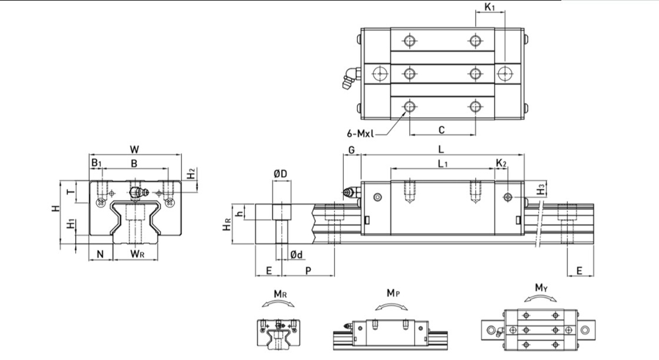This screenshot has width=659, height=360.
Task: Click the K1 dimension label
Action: pos(489,7)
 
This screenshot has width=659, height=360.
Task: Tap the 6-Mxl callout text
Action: pos(360,134)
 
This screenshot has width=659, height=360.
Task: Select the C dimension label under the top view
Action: pos(442,130)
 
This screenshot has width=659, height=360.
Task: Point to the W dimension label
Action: pos(135,150)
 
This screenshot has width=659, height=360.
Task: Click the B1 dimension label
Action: pos(96,162)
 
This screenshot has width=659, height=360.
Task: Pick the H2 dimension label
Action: pos(191,173)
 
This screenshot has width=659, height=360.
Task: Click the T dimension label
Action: pos(71,192)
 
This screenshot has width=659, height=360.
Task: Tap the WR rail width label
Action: pos(137,254)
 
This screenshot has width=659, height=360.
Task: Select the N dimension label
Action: pos(100,254)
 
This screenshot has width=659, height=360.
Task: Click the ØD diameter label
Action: pos(280,174)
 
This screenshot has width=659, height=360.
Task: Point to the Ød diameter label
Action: pos(296,255)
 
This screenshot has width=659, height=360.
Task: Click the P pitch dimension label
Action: pos(308,271)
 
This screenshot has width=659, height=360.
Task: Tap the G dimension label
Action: pos(351,150)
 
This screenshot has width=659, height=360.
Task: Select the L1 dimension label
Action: pos(443,164)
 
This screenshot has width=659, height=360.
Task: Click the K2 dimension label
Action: pos(501,163)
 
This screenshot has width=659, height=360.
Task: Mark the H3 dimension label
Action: pos(541,189)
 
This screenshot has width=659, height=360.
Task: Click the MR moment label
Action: pos(280,294)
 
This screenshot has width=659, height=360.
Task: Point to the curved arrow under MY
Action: pos(540,297)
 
